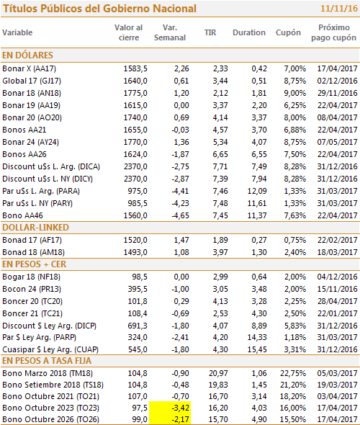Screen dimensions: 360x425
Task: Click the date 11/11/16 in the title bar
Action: [339, 9]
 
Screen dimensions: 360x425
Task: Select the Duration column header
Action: [249, 32]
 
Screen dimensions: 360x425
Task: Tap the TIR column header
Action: [210, 32]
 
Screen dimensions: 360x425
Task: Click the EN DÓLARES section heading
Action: [27, 55]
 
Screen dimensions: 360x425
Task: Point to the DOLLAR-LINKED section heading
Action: [35, 228]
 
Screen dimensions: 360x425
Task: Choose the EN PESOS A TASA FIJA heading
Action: [47, 361]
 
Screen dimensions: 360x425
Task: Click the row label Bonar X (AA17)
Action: [30, 68]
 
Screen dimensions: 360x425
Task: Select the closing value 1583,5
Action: [135, 68]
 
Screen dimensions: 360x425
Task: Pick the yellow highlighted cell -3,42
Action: [170, 408]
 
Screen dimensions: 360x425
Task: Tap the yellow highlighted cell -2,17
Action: [170, 419]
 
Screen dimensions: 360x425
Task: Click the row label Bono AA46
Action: [23, 215]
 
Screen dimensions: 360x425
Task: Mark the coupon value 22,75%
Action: [293, 373]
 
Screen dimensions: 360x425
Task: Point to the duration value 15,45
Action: [257, 349]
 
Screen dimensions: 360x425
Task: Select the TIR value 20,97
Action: [218, 373]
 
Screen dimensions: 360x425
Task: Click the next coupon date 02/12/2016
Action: [337, 81]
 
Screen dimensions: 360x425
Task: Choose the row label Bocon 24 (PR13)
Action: [32, 289]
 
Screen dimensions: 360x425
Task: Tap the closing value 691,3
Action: [138, 326]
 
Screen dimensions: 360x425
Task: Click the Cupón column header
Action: [288, 32]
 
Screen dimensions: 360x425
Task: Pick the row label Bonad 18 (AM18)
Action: [33, 252]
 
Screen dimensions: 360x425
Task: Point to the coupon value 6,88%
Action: [295, 130]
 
